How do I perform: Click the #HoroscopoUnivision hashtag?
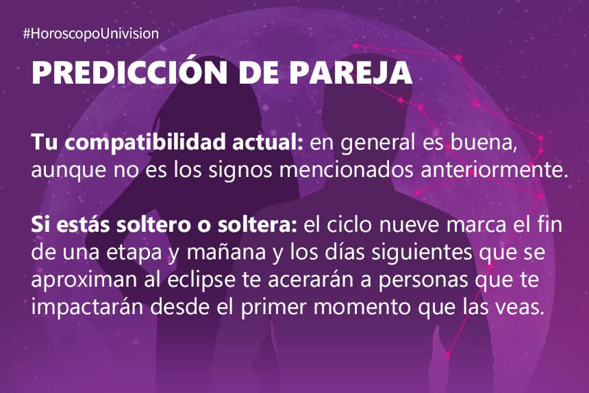click(x=91, y=34)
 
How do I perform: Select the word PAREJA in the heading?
click(x=351, y=72)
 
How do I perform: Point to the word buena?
click(x=484, y=143)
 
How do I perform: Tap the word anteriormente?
click(x=494, y=169)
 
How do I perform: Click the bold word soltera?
click(x=258, y=225)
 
